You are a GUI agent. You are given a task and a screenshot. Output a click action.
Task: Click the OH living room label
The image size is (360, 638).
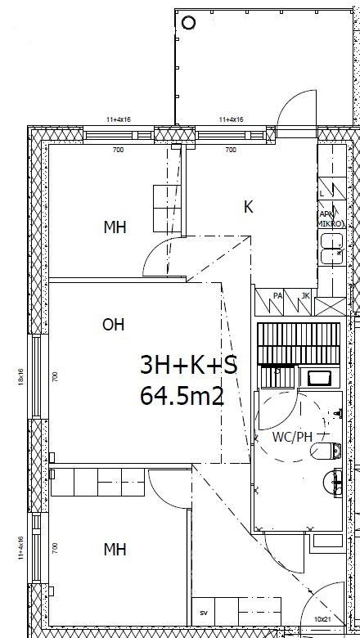(114, 325)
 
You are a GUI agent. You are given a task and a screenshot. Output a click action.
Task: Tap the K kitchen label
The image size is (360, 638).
(248, 208)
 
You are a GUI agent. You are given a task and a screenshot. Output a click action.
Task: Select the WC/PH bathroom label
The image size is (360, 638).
(292, 436)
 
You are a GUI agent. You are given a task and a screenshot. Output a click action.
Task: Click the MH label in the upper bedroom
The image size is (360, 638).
(115, 227)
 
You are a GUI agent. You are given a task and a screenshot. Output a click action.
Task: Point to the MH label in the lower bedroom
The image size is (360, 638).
(115, 550)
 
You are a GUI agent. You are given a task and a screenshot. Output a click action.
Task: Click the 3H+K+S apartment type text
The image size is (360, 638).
(188, 366)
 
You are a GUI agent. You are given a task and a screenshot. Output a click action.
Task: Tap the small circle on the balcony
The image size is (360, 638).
(189, 22)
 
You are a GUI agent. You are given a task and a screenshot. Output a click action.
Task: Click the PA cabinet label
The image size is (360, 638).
(277, 295)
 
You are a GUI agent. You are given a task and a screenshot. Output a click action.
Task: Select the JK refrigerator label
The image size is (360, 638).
(304, 295)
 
